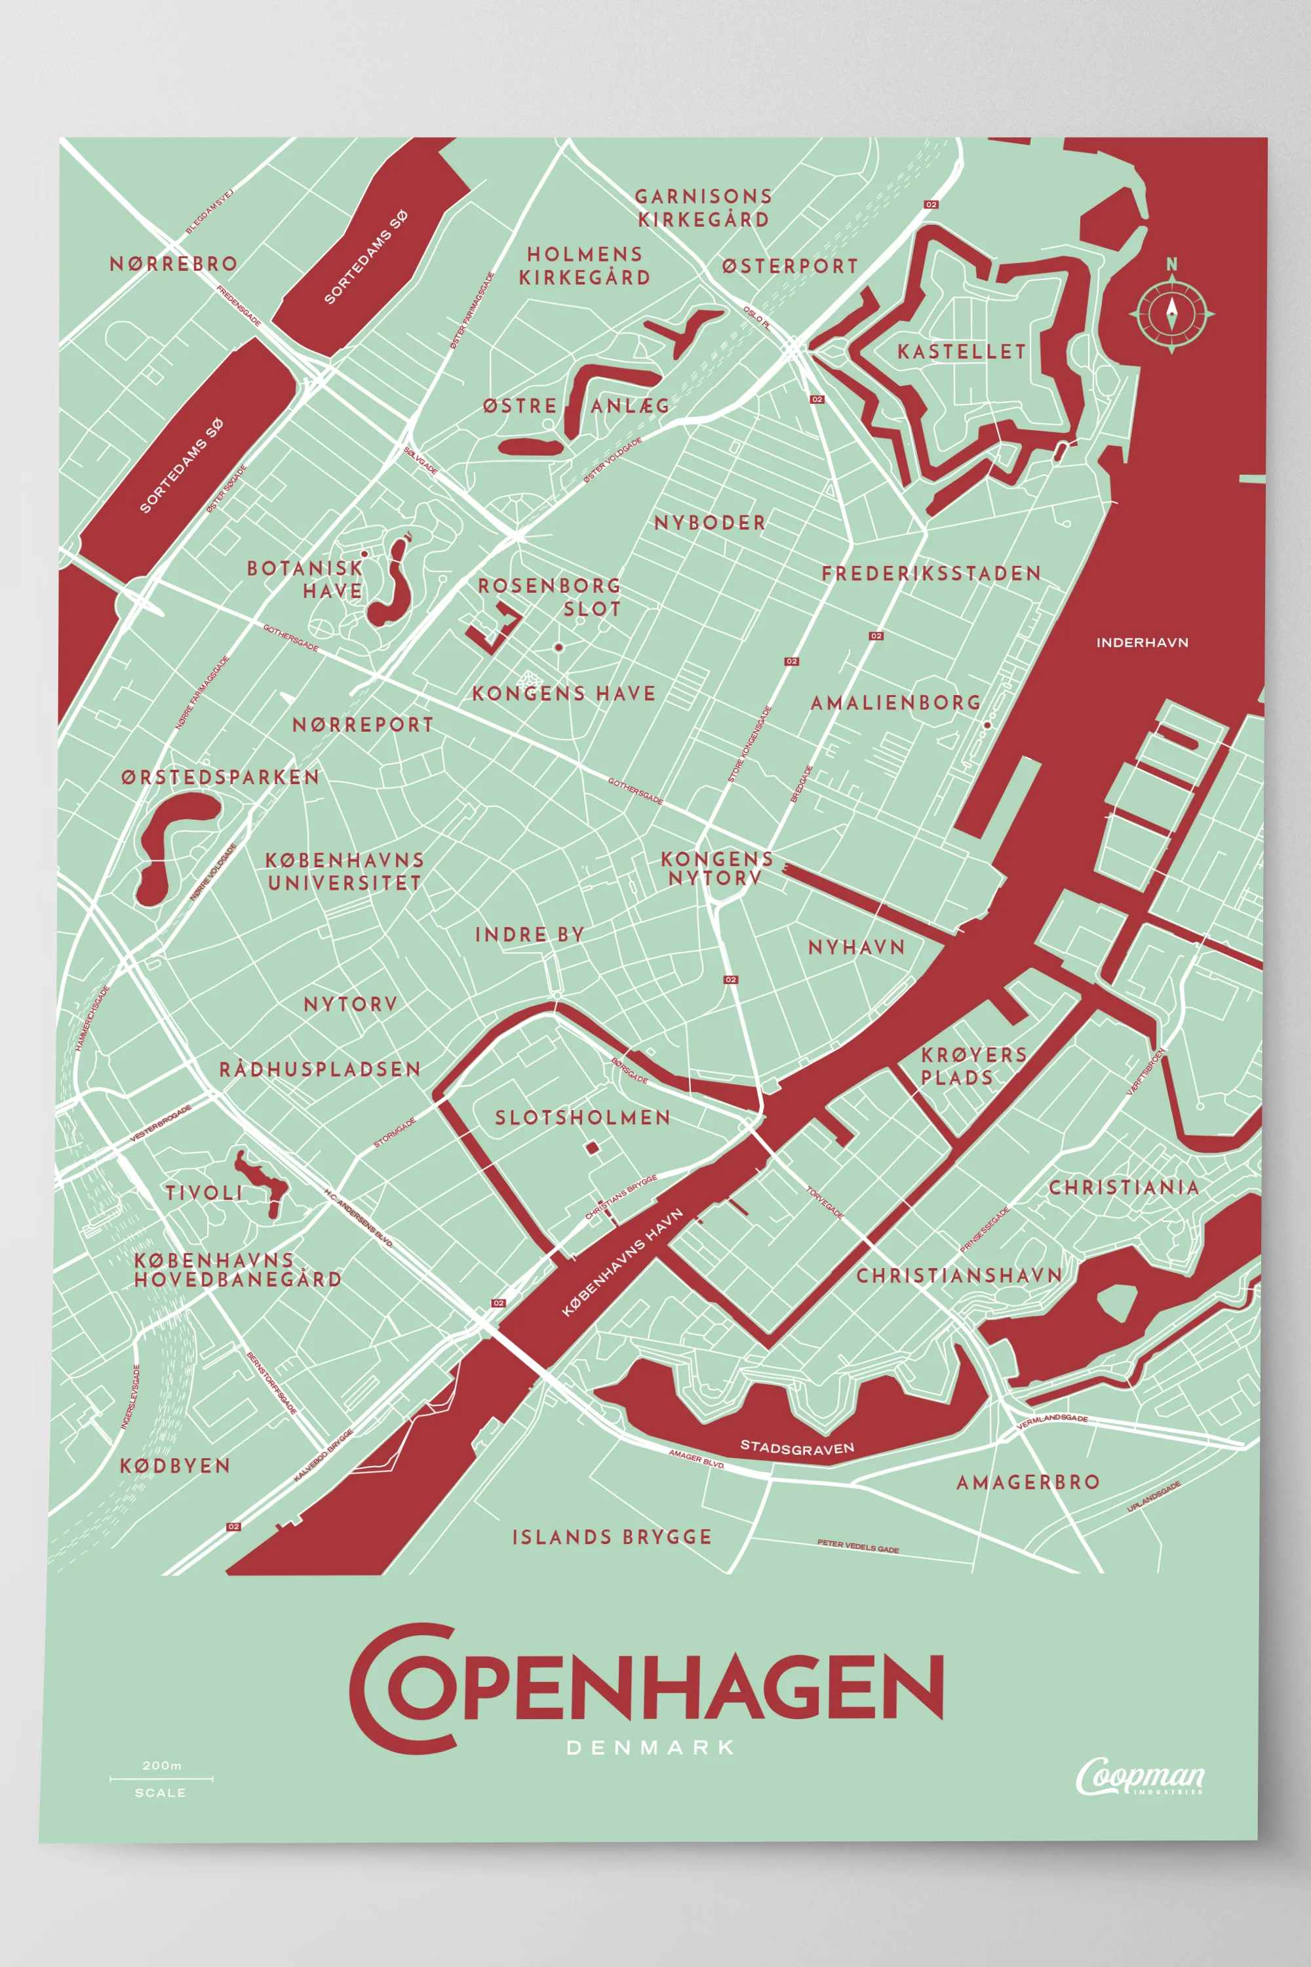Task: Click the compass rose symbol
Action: click(x=1171, y=313)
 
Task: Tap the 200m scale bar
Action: click(x=161, y=1779)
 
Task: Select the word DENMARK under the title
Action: click(x=650, y=1748)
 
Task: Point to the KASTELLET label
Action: click(x=961, y=351)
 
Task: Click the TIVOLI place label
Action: click(x=204, y=1193)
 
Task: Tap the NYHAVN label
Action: click(x=856, y=947)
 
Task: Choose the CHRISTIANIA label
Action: click(x=1123, y=1187)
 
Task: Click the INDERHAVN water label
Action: click(x=1141, y=643)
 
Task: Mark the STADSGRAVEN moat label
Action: click(x=797, y=1448)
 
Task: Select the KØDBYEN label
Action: click(x=175, y=1466)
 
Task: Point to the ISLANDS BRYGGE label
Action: click(x=611, y=1537)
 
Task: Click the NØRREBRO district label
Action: click(x=174, y=264)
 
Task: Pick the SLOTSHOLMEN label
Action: click(x=583, y=1118)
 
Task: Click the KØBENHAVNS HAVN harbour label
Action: click(x=622, y=1263)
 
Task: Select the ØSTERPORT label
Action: click(x=789, y=266)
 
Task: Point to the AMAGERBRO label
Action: click(x=1028, y=1482)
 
